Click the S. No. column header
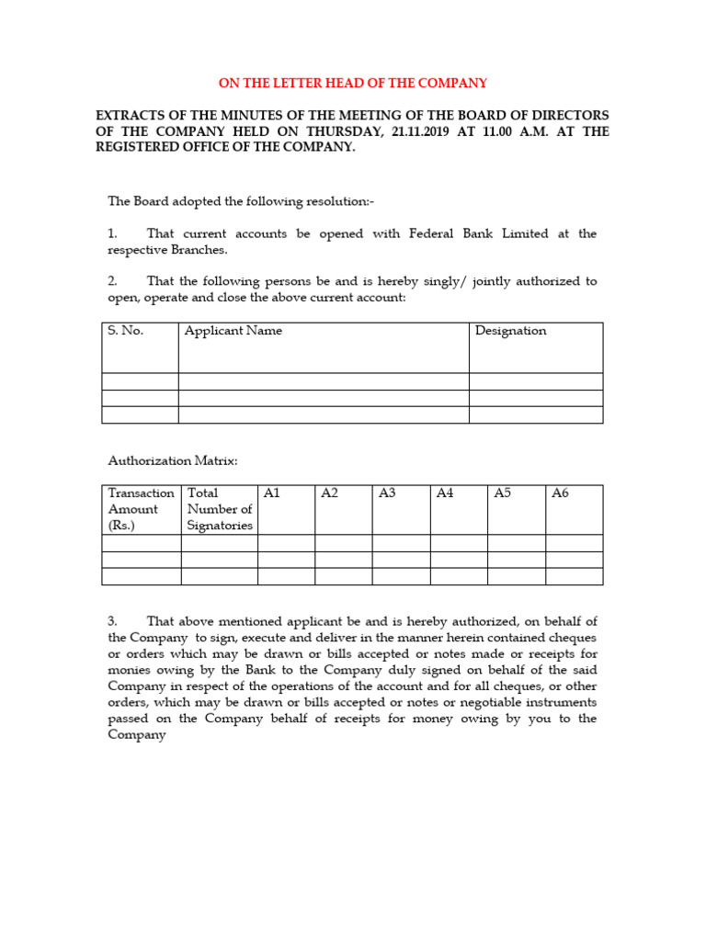pos(126,331)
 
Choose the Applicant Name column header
pos(233,331)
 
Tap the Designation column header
pos(510,331)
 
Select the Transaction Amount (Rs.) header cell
pos(141,509)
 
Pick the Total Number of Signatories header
pos(219,509)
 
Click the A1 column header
pos(271,493)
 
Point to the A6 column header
pos(560,493)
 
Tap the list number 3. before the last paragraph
pos(113,622)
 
